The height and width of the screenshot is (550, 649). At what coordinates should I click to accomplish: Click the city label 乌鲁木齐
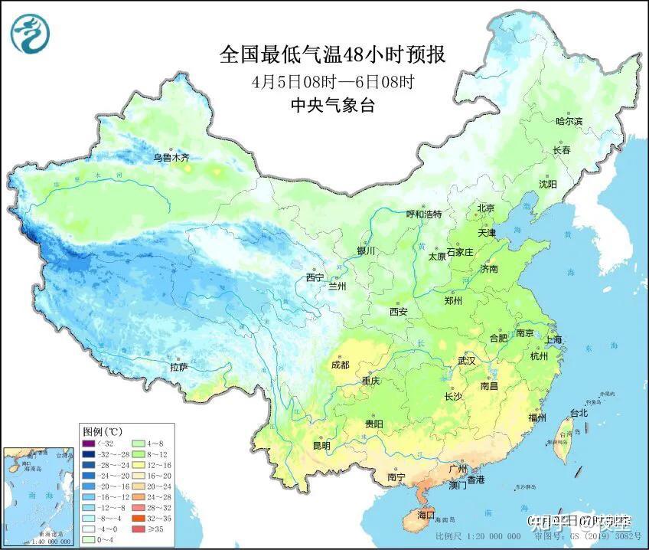170,158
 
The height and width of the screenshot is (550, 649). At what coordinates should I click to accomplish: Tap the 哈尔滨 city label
569,122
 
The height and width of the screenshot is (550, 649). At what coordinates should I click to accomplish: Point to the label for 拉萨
178,368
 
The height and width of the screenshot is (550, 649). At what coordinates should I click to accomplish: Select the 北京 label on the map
486,208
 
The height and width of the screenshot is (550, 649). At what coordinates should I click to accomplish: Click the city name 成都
341,365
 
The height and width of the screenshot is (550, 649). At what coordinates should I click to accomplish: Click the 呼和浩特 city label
423,214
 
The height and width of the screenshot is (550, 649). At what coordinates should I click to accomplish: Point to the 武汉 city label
466,360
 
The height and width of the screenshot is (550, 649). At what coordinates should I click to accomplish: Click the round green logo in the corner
29,34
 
